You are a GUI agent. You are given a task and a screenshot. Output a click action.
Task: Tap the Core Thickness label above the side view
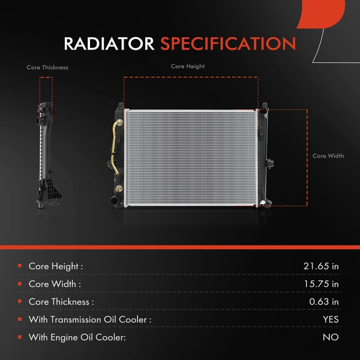(47, 68)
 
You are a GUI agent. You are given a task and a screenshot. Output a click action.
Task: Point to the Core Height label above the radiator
(187, 67)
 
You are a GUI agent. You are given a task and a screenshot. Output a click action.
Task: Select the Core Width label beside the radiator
(328, 156)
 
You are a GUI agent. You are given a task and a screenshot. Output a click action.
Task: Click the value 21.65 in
(322, 266)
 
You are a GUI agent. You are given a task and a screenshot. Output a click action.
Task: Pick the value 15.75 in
(322, 284)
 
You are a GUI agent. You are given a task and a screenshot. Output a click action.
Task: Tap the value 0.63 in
(324, 302)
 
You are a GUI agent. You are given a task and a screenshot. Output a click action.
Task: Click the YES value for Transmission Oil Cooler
(330, 320)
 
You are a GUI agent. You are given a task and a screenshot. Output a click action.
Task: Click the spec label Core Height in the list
(56, 266)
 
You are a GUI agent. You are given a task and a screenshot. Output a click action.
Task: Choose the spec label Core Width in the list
(55, 284)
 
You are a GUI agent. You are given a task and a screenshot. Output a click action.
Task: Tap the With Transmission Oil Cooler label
(90, 320)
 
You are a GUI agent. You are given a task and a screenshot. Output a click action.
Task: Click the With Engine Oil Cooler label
(77, 338)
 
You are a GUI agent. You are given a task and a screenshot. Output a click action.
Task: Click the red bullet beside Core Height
(20, 265)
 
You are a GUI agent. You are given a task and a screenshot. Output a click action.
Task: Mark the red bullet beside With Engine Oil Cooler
(20, 337)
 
